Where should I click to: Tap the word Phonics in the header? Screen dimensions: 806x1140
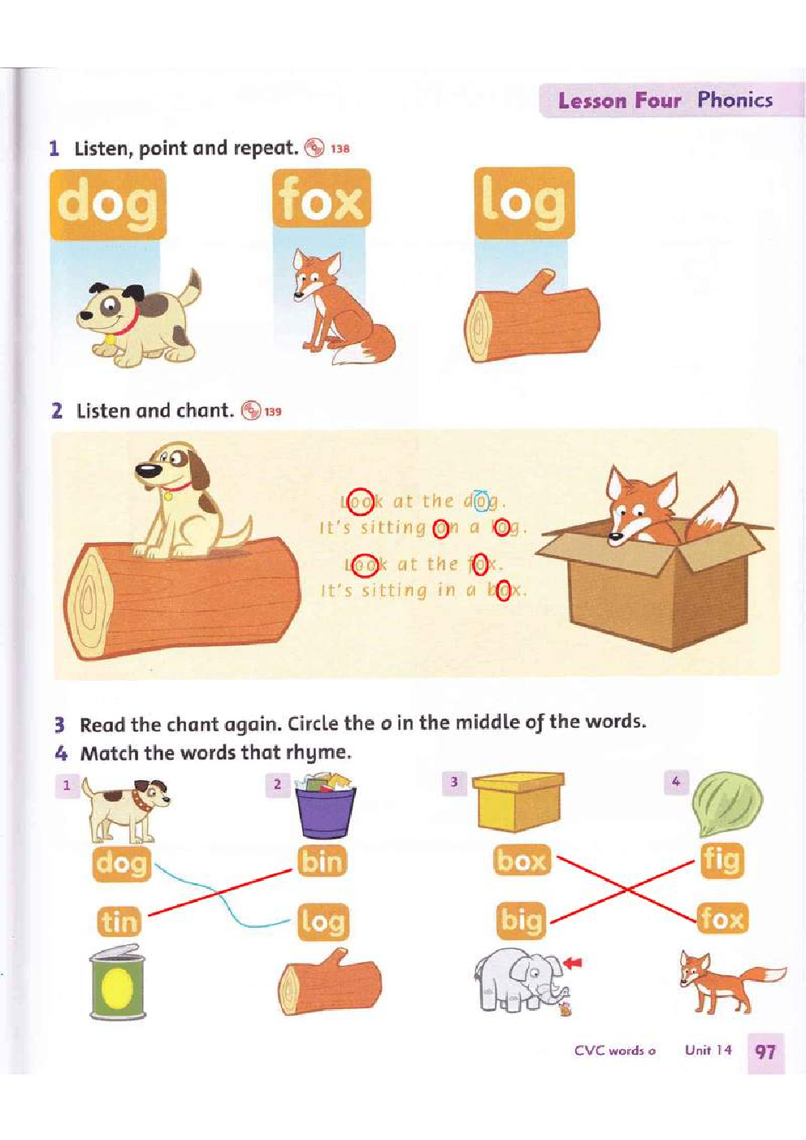tap(734, 100)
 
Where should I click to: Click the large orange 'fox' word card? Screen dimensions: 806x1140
tap(322, 199)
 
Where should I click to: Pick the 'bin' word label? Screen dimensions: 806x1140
tap(322, 860)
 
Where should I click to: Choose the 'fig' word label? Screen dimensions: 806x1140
tap(721, 860)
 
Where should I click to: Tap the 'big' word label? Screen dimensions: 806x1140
tap(521, 920)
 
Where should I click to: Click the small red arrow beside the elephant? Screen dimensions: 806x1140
tap(573, 962)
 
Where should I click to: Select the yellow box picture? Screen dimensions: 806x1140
tap(518, 801)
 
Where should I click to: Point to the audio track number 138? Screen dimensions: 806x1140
tap(340, 150)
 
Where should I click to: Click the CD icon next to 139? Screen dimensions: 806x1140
tap(251, 410)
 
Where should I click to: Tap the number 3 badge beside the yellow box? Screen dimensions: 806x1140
tap(454, 782)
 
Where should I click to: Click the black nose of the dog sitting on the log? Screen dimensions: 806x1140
tap(148, 470)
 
